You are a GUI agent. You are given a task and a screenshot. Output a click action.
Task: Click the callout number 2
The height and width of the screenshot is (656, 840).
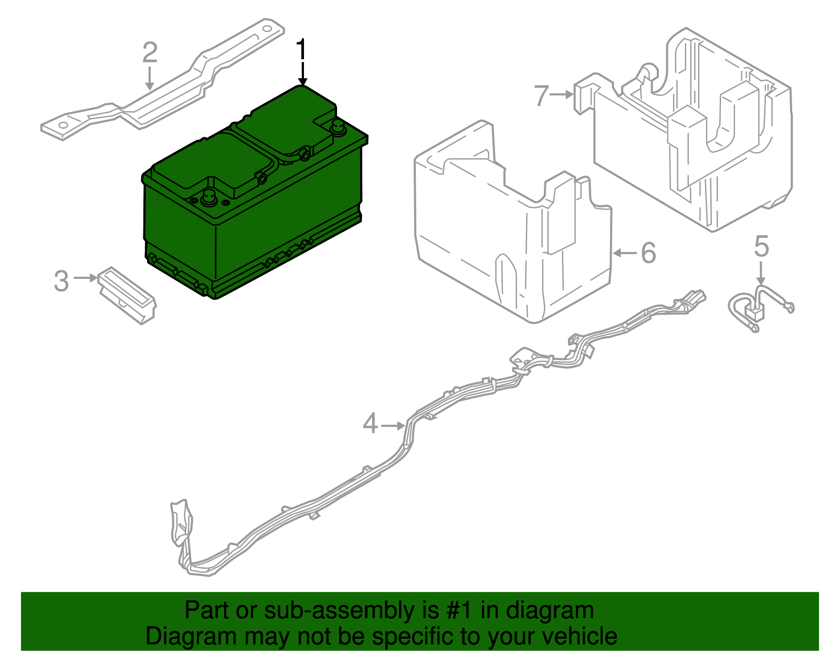(150, 53)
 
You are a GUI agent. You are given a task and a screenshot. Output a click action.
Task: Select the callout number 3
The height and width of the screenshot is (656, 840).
(61, 281)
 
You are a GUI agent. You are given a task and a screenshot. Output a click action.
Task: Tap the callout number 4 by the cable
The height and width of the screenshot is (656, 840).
(370, 423)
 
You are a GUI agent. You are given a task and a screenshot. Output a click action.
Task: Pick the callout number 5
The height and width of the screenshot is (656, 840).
(761, 247)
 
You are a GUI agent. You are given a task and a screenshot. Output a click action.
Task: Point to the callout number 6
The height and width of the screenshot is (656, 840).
(649, 253)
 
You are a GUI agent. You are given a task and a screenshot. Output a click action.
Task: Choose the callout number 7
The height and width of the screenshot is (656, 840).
(541, 96)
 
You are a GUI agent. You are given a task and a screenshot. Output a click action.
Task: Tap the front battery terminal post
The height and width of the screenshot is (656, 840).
(207, 196)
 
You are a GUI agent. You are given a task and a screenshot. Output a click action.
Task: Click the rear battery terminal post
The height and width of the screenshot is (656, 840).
(337, 126)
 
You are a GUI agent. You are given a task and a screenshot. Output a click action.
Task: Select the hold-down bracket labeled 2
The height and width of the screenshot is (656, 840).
(173, 89)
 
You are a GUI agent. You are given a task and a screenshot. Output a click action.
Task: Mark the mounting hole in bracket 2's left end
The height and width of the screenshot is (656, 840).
(63, 126)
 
